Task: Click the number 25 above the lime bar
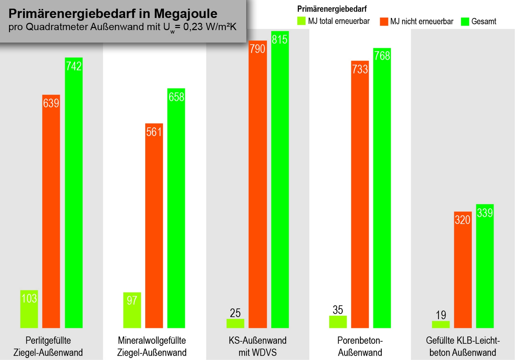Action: click(x=235, y=313)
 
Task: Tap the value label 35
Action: click(x=338, y=310)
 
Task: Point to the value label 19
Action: click(x=441, y=315)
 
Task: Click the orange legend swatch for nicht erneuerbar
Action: click(x=384, y=21)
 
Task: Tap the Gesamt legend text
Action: click(x=484, y=21)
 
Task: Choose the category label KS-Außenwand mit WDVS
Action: click(x=258, y=346)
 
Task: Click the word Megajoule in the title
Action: click(x=185, y=14)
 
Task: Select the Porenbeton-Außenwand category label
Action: click(x=360, y=346)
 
